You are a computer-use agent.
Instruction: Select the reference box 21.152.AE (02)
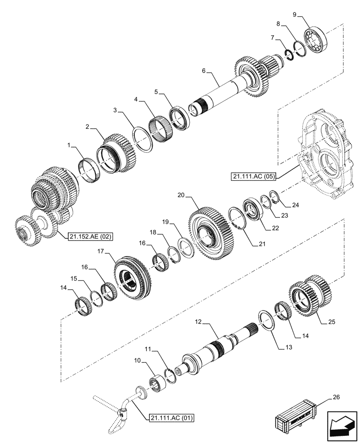click(90, 237)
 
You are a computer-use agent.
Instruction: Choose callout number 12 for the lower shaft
click(198, 324)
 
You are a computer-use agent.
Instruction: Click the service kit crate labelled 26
click(295, 419)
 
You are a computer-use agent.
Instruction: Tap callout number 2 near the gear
click(88, 127)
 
